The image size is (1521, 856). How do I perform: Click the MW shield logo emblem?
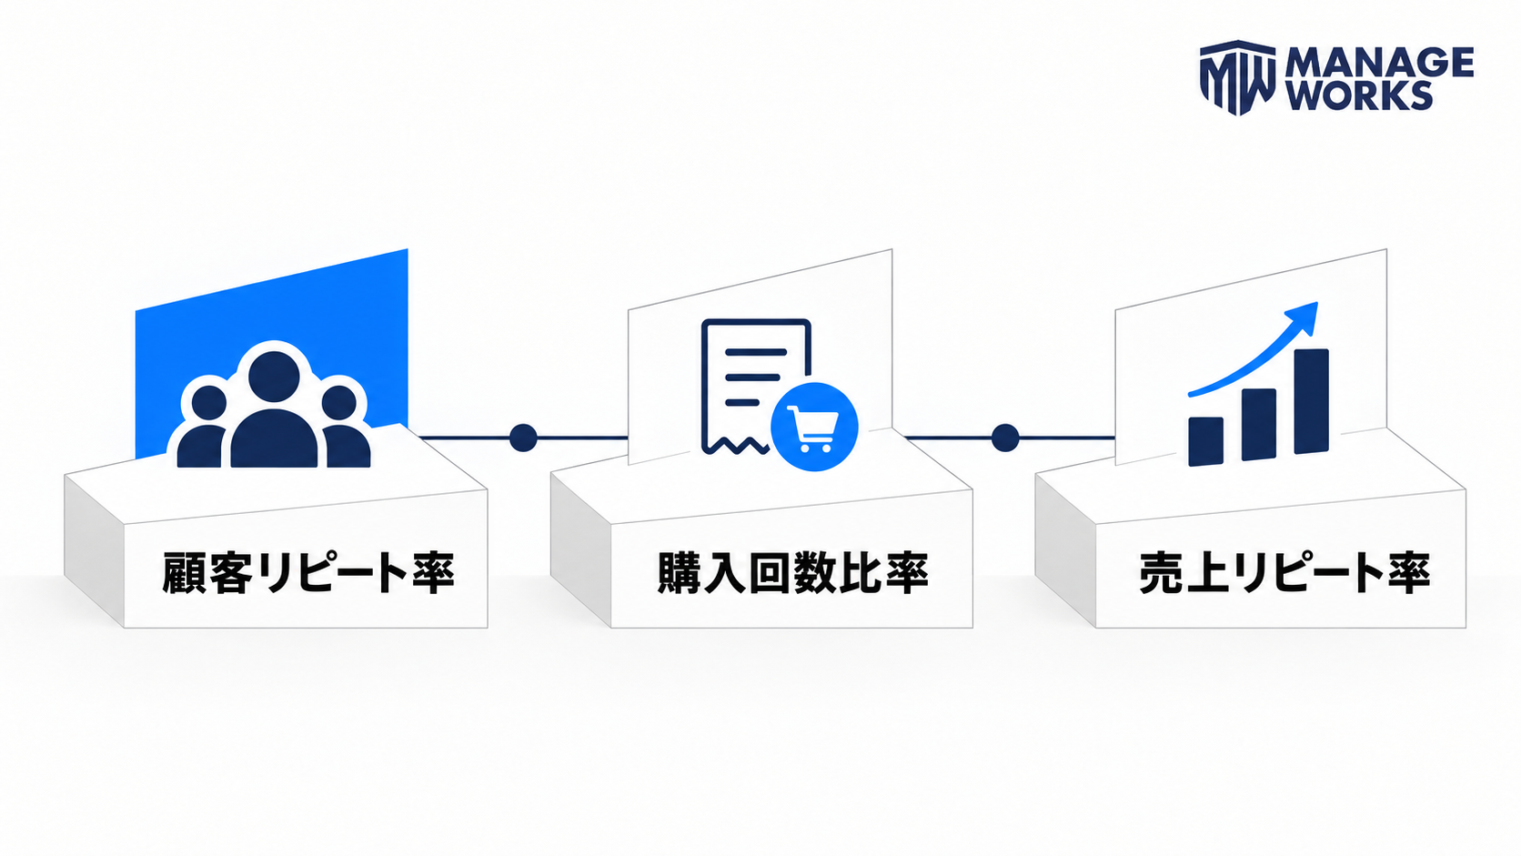coord(1237,77)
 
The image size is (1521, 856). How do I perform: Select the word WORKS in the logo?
coord(1359,95)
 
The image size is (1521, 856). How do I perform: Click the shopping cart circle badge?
coord(814,427)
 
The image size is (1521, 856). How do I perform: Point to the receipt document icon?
coord(755,386)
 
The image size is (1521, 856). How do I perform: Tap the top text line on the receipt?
coord(756,352)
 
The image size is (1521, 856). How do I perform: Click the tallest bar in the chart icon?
coord(1311,401)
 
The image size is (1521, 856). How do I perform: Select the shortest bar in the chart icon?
coord(1206,441)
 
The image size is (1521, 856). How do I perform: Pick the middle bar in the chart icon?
coord(1259,425)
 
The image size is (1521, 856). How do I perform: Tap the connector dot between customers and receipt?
coord(523,438)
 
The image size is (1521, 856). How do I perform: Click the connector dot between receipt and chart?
coord(1005,438)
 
